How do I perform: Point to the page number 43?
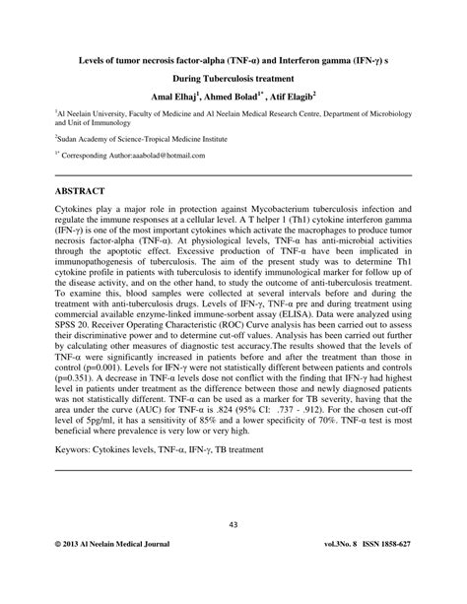pyautogui.click(x=233, y=524)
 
